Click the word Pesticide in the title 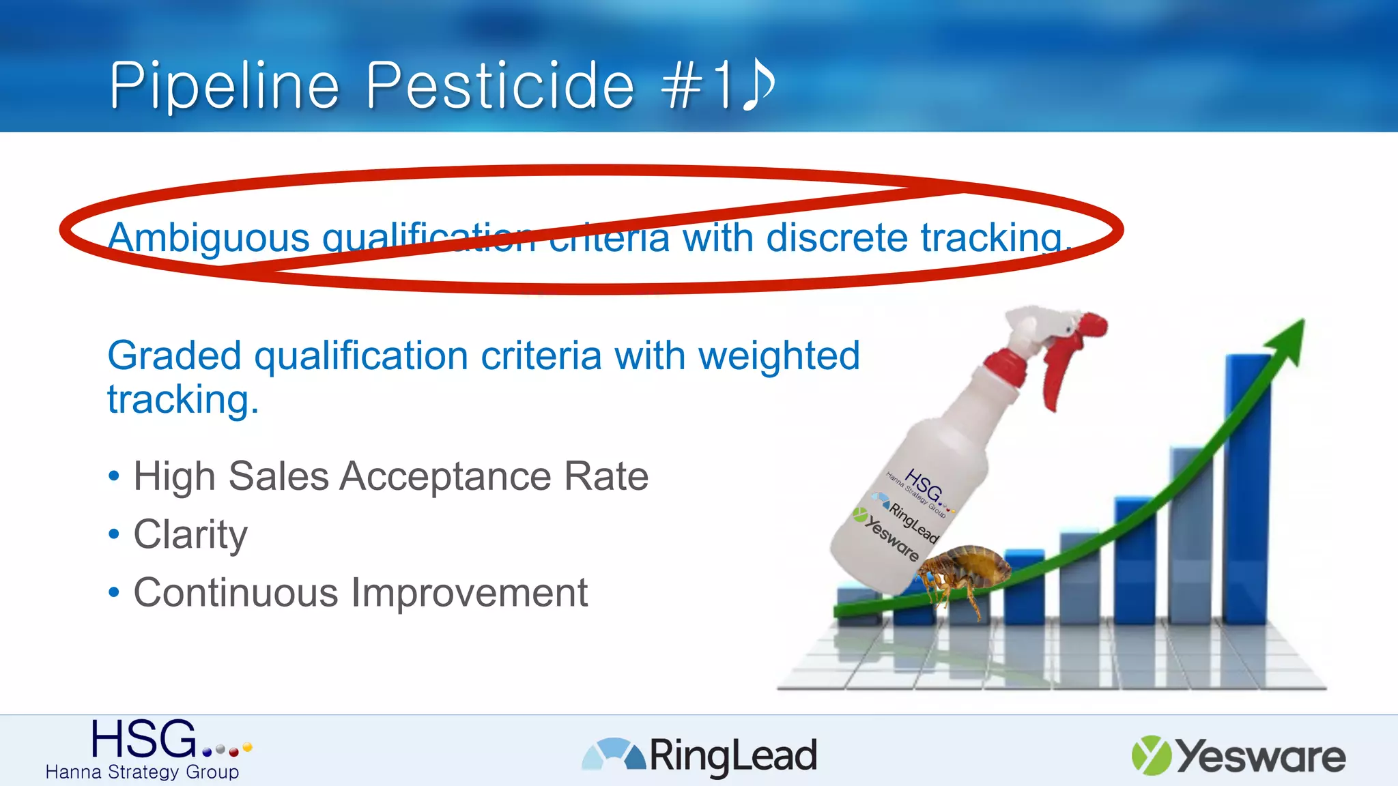(500, 85)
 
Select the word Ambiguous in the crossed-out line (209, 238)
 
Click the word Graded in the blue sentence (175, 356)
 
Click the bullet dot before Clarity (114, 534)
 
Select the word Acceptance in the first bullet (445, 476)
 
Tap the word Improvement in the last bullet (470, 592)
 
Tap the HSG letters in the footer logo (144, 740)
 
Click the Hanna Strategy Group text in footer (142, 772)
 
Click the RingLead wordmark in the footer (732, 756)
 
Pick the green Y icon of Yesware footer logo (1151, 755)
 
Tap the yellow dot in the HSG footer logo (247, 747)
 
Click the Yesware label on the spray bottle (891, 538)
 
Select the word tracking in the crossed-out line (991, 238)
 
